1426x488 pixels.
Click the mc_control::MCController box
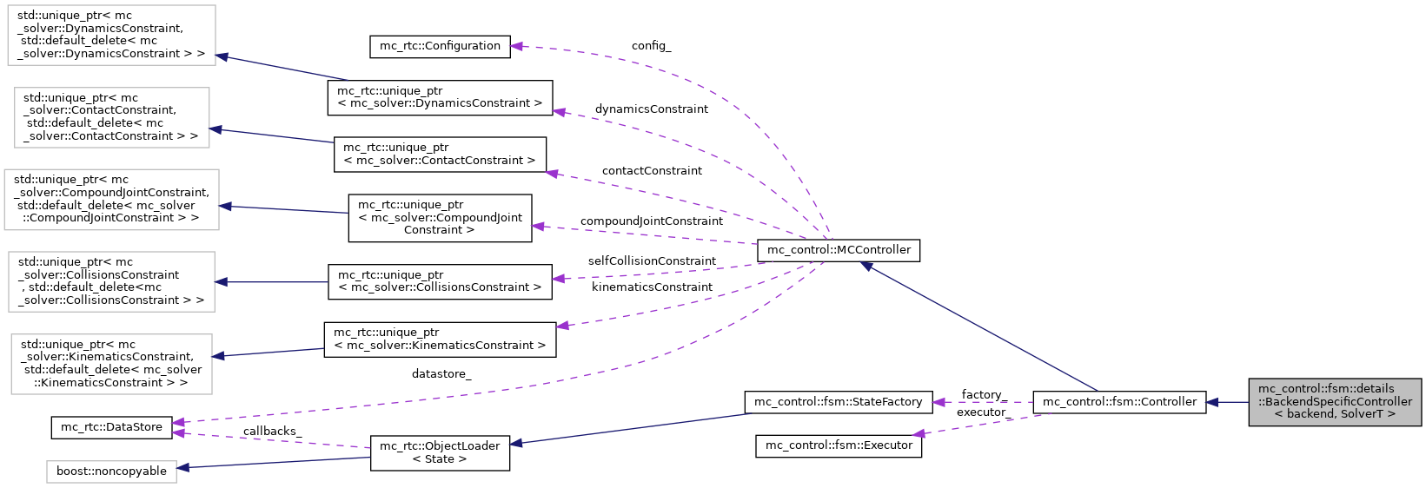point(838,250)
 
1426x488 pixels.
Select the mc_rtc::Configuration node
point(440,46)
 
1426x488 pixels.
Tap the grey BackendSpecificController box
point(1335,402)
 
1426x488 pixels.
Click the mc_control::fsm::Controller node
point(1119,402)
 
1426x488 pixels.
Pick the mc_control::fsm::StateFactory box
point(838,402)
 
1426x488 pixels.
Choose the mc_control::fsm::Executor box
point(838,445)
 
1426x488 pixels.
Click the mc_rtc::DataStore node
point(111,427)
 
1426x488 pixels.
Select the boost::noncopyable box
point(111,472)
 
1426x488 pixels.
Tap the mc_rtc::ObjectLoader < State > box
point(440,452)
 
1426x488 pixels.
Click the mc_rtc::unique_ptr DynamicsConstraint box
point(440,97)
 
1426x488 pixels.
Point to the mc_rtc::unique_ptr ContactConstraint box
point(440,154)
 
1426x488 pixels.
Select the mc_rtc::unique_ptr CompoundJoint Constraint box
point(440,217)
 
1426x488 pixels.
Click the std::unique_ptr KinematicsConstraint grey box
point(111,364)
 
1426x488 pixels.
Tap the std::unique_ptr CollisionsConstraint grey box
point(111,281)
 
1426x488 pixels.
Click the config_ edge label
point(651,46)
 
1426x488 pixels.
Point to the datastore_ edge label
point(441,374)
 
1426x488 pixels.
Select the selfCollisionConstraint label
point(652,261)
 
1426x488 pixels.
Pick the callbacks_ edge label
point(272,432)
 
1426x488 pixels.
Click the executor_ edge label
point(981,412)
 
